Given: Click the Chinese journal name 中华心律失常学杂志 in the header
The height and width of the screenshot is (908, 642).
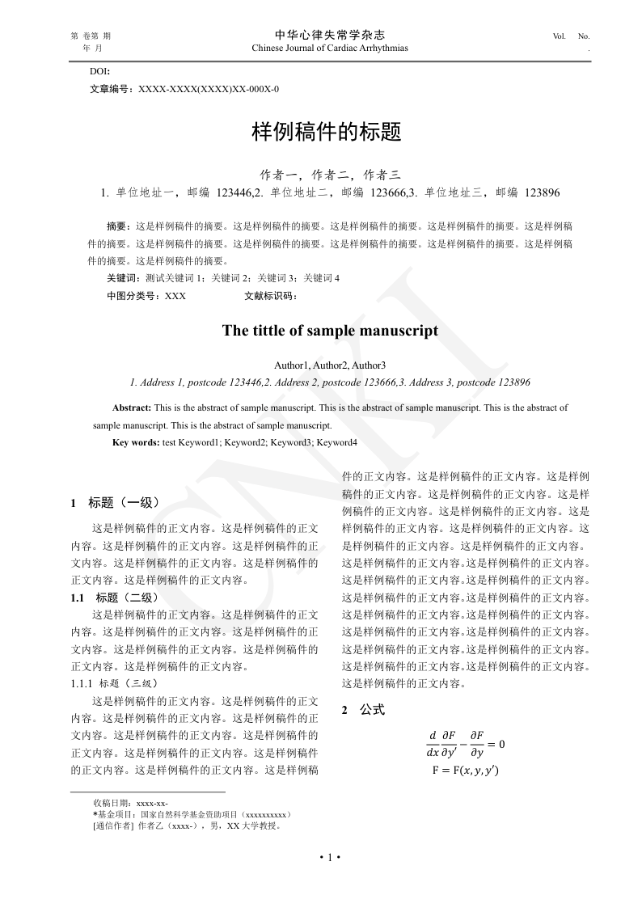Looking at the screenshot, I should (x=330, y=35).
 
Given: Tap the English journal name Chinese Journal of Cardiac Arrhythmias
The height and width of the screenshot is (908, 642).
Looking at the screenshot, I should (x=330, y=48).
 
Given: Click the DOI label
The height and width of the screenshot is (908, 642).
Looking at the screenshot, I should (x=99, y=72).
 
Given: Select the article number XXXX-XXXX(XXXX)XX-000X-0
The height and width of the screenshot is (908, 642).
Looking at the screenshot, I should (x=209, y=89).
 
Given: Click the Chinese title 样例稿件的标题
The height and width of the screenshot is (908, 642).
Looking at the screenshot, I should (x=327, y=133).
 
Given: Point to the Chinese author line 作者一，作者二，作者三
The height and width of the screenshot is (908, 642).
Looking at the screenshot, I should (x=330, y=175).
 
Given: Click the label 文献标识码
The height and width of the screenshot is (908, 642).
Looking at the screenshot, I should (x=269, y=296).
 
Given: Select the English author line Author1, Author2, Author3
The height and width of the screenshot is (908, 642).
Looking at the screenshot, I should (x=330, y=365).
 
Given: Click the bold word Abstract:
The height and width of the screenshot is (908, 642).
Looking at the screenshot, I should (x=132, y=408).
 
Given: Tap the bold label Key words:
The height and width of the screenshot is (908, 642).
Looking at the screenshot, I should (x=136, y=442).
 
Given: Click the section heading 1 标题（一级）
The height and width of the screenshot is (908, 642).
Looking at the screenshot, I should (x=116, y=503).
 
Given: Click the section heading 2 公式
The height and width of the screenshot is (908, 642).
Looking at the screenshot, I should (x=363, y=710).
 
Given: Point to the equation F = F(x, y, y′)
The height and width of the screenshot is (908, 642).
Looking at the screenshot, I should (x=466, y=771).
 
